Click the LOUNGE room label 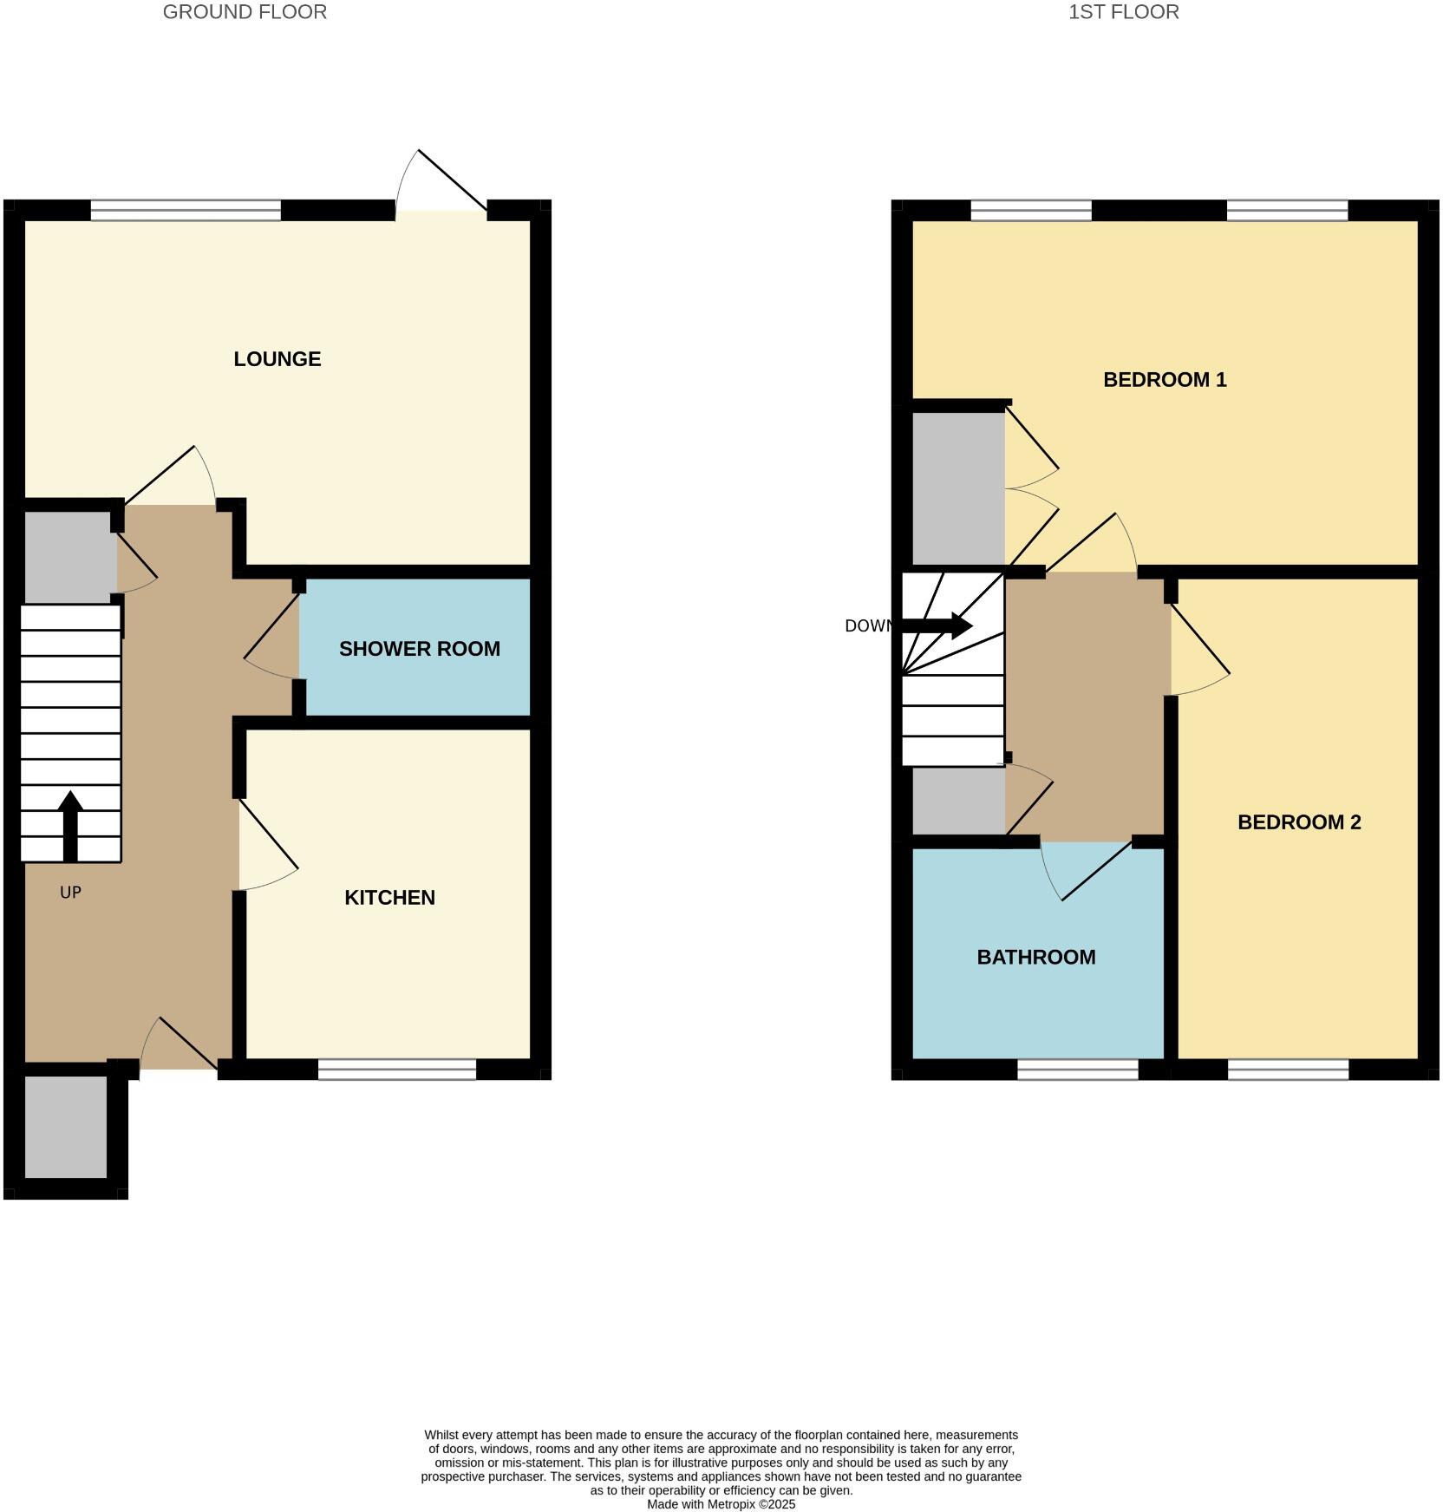point(277,359)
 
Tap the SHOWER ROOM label point(419,649)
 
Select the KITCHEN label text point(389,898)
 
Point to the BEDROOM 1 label point(1165,380)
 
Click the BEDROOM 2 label point(1299,822)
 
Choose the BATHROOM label point(1036,958)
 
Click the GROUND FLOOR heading point(245,12)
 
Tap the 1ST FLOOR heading point(1123,12)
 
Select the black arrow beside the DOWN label point(937,625)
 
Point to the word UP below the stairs point(70,893)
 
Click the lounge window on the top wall point(186,210)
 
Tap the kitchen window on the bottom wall point(397,1070)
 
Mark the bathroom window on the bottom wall point(1077,1070)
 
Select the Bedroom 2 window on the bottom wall point(1288,1070)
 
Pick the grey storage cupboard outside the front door point(66,1127)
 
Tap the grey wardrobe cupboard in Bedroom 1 point(958,488)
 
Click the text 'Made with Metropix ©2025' point(721,1504)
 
